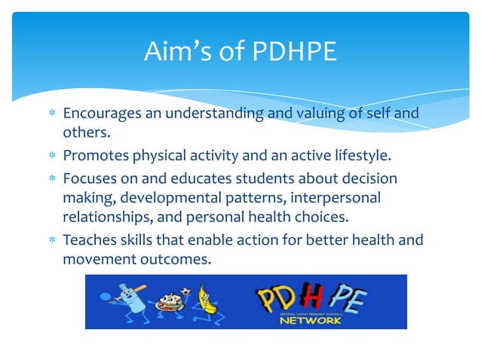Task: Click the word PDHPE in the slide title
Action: pyautogui.click(x=290, y=52)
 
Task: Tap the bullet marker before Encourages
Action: pyautogui.click(x=51, y=114)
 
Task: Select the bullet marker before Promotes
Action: pyautogui.click(x=51, y=157)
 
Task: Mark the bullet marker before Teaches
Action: pyautogui.click(x=51, y=240)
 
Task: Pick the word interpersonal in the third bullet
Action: pyautogui.click(x=336, y=198)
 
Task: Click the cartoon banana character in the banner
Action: pyautogui.click(x=202, y=301)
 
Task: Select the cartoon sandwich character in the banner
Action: pyautogui.click(x=165, y=306)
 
